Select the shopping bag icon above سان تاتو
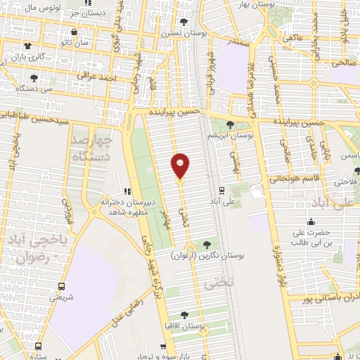84,32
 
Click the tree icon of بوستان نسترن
185,22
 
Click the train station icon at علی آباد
222,190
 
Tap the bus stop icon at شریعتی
61,286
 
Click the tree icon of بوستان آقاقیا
185,314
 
